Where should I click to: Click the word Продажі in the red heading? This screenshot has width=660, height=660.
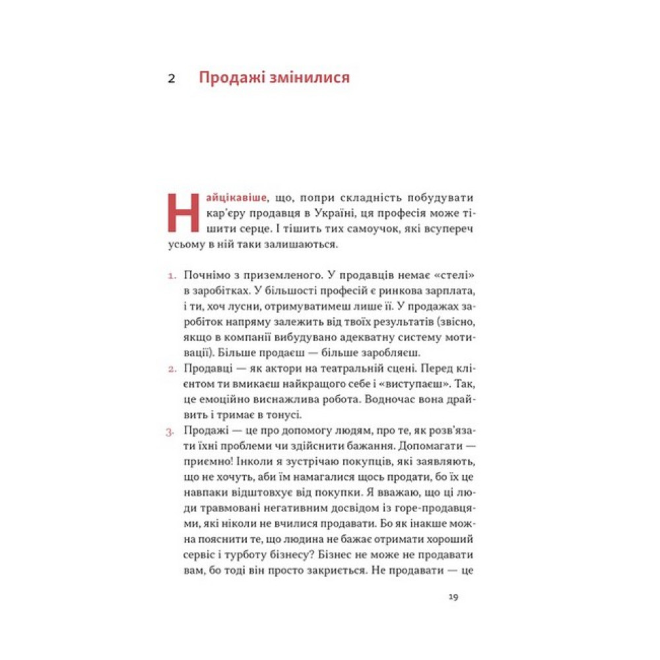click(230, 79)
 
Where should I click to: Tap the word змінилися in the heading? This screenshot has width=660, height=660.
click(308, 79)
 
